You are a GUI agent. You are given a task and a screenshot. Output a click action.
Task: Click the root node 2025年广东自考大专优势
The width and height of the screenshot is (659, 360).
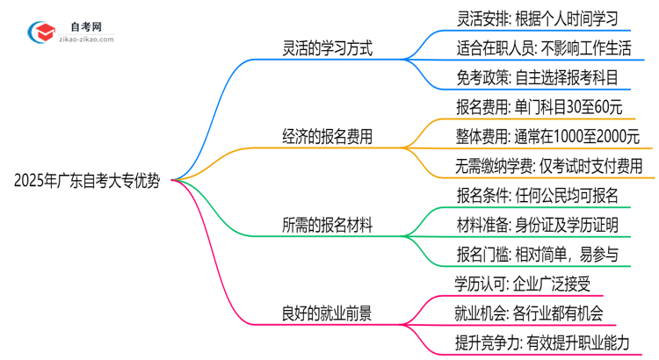pos(87,182)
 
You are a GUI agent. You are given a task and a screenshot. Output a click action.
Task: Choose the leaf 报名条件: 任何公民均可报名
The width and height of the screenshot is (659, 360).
pos(539,195)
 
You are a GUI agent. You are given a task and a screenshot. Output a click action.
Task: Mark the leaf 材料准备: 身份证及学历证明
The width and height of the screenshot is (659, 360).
pos(539,225)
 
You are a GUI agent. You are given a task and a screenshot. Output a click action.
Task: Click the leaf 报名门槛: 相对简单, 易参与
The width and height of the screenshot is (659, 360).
pos(539,254)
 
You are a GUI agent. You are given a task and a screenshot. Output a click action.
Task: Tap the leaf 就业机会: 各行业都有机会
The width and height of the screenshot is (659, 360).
pos(529,313)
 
